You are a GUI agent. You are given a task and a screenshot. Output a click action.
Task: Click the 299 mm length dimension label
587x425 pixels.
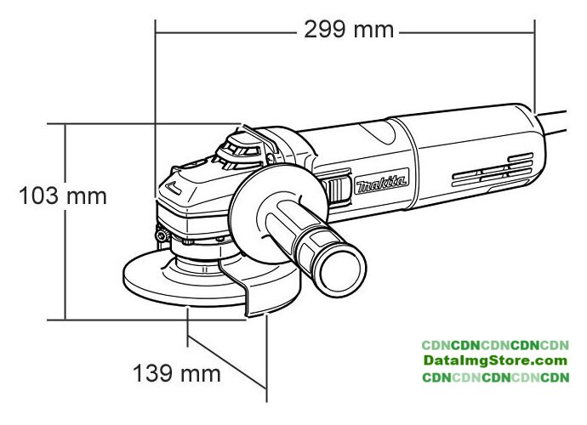[349, 30]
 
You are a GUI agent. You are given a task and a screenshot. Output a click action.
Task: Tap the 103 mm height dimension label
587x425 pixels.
[63, 195]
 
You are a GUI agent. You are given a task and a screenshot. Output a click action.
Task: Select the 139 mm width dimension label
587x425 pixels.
[177, 373]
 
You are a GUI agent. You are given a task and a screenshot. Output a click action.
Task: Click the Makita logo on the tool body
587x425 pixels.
[381, 181]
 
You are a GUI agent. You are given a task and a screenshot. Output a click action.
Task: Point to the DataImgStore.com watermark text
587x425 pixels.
[495, 360]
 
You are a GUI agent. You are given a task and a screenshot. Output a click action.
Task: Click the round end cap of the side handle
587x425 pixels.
[340, 269]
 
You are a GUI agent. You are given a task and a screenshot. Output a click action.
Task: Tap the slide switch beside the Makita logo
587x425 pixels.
[336, 190]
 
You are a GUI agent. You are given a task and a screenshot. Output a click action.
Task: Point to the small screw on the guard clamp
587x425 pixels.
[162, 235]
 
